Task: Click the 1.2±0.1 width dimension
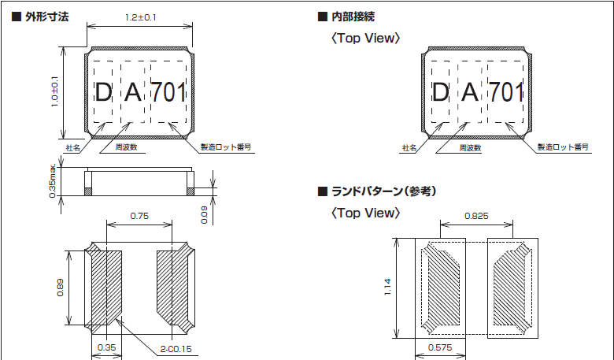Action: coord(141,17)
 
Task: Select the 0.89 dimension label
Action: coord(61,288)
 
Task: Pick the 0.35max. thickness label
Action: coord(53,180)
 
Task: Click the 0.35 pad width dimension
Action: coord(106,347)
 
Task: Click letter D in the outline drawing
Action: coord(102,92)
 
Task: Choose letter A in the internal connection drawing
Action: coord(469,92)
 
